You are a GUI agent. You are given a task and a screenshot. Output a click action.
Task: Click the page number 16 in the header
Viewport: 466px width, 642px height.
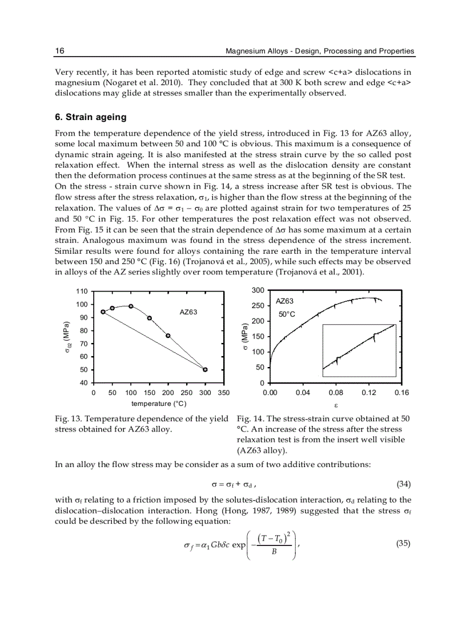click(59, 51)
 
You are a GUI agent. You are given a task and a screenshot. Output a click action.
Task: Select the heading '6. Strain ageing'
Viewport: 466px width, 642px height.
click(90, 117)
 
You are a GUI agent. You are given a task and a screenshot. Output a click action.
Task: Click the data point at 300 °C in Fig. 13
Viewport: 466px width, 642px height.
click(205, 369)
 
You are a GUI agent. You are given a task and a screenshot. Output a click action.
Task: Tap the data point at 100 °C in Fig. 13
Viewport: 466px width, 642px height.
click(131, 306)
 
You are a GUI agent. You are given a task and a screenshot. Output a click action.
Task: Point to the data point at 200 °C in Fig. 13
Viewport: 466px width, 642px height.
click(168, 336)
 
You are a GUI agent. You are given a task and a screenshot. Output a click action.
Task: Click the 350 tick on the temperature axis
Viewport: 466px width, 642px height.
click(223, 393)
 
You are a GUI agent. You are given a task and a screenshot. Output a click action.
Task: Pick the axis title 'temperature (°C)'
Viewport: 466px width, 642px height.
click(159, 404)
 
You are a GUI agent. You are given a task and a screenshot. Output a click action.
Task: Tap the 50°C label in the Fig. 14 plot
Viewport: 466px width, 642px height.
click(287, 314)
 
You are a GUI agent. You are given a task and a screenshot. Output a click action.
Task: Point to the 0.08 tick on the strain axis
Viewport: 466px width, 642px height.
click(336, 393)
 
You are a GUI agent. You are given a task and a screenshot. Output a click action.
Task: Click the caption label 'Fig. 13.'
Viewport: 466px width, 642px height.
click(69, 418)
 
